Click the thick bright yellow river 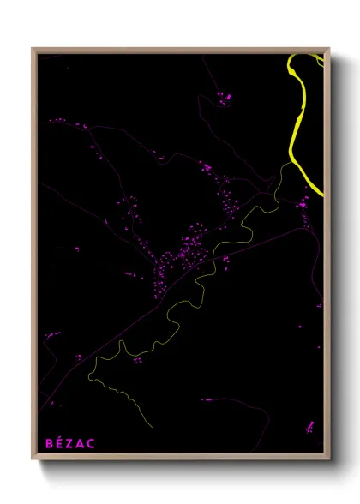294,129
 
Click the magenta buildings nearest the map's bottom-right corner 309,426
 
